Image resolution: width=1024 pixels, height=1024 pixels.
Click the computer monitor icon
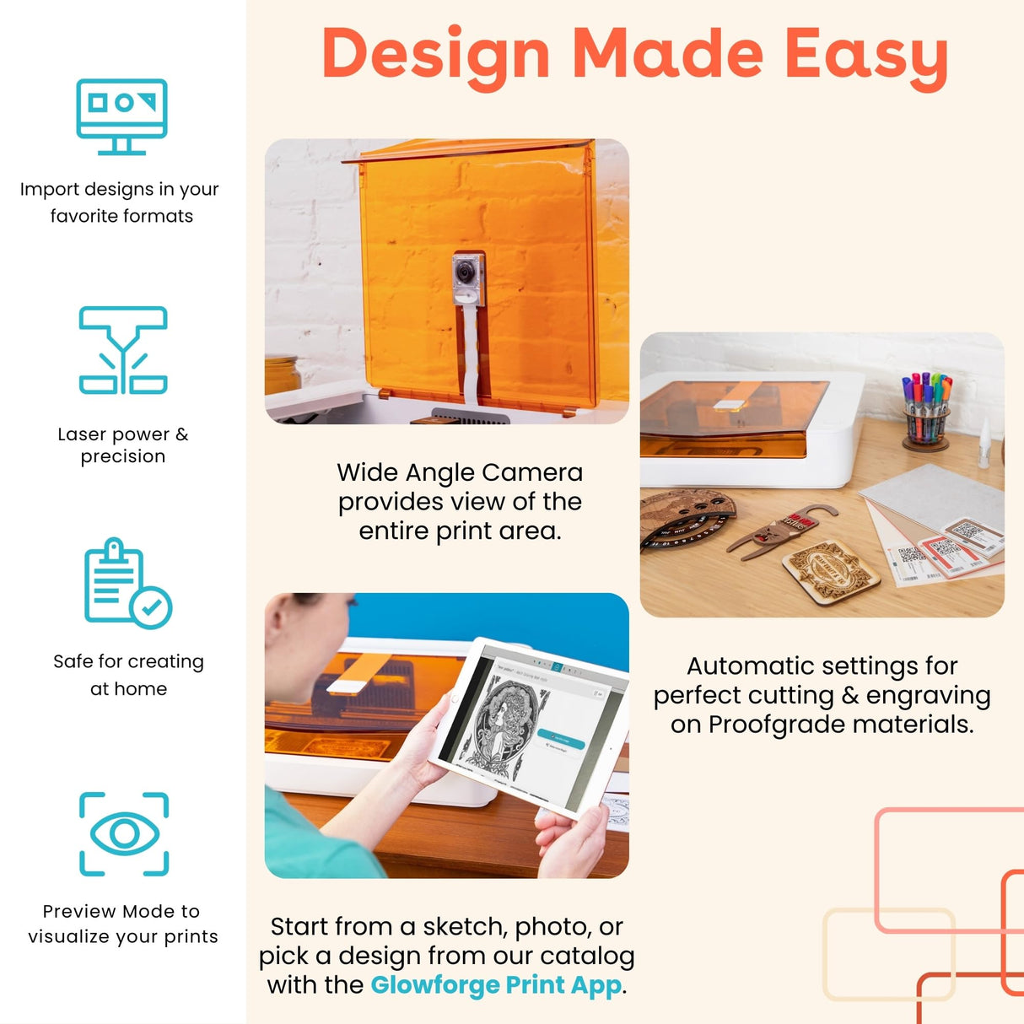coord(121,116)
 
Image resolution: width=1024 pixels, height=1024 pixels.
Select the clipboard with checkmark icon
coord(127,583)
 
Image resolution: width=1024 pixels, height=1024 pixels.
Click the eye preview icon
coord(124,833)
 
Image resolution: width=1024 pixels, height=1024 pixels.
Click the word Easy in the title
coord(866,55)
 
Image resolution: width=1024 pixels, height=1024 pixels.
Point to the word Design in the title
coord(436,55)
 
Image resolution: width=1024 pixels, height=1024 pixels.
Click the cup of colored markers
coord(926,411)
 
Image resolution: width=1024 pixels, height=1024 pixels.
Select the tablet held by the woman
coord(530,725)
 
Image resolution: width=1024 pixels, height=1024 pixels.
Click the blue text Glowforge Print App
coord(496,984)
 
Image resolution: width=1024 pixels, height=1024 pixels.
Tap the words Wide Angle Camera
coord(460,472)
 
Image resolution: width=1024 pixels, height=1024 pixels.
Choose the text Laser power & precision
coord(123,445)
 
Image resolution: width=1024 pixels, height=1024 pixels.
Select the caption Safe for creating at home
coord(128,674)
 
